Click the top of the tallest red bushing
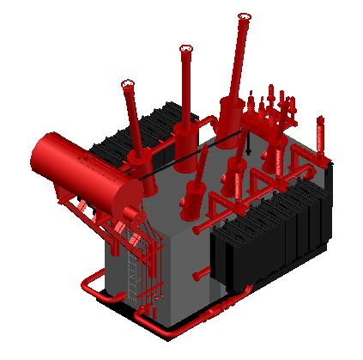tap(244, 16)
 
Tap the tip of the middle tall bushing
tap(185, 49)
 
